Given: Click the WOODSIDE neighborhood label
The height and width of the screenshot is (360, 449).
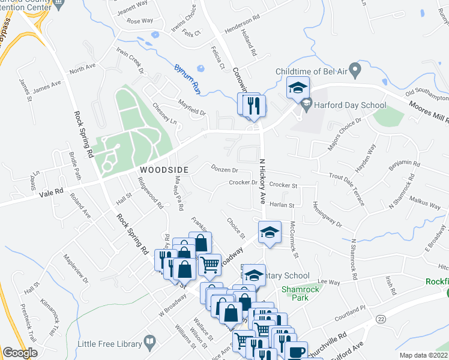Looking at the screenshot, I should [x=164, y=170].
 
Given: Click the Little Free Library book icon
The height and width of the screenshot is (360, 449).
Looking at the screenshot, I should [x=150, y=343].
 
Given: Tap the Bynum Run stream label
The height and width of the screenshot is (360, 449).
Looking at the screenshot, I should [x=187, y=79].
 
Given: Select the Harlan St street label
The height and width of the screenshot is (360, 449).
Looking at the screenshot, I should [x=282, y=205].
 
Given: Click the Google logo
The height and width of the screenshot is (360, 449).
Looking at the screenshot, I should [x=19, y=353].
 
